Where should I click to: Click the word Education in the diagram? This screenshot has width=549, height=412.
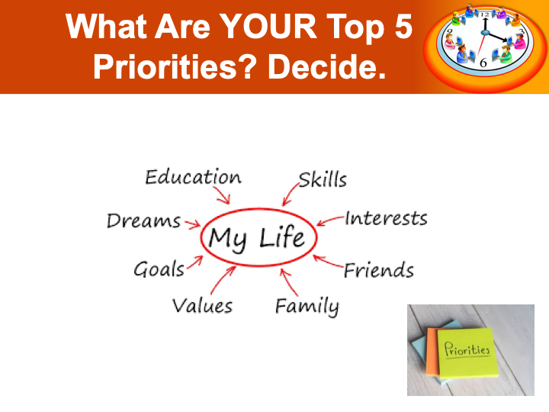click(x=193, y=177)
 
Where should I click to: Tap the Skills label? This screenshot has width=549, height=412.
click(x=323, y=180)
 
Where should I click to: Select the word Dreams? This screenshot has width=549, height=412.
click(x=143, y=221)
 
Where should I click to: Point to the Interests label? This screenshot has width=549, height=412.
click(x=386, y=218)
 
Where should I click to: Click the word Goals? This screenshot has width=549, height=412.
click(x=159, y=269)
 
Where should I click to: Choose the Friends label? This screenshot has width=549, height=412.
click(x=378, y=270)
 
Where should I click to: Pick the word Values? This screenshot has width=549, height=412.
click(x=202, y=305)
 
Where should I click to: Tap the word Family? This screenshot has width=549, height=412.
click(x=307, y=307)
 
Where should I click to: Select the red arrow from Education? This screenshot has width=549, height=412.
click(x=222, y=195)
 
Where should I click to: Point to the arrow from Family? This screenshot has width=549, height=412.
click(x=288, y=282)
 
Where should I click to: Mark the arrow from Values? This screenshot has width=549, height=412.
click(x=223, y=279)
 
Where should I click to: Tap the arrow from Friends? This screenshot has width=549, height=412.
click(x=328, y=261)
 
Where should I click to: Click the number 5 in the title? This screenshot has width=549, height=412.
click(x=403, y=27)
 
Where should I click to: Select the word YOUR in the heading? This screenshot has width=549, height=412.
click(x=269, y=27)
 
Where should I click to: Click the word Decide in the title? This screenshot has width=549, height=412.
click(x=326, y=66)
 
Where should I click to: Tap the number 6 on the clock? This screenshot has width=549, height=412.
click(x=483, y=63)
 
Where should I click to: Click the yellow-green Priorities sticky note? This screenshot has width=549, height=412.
click(x=467, y=352)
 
